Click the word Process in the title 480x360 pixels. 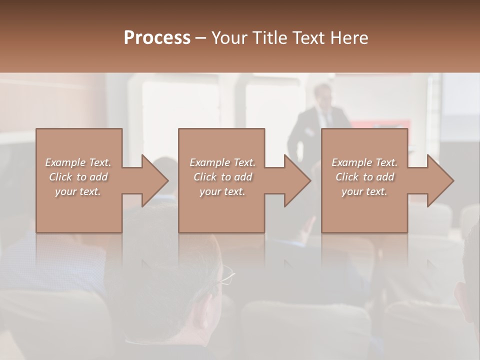click(x=157, y=38)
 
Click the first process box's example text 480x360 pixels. click(x=78, y=177)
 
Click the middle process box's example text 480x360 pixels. click(x=222, y=177)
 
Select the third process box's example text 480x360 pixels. click(x=364, y=177)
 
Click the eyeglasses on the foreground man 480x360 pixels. click(x=226, y=276)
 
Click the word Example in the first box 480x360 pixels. click(x=65, y=162)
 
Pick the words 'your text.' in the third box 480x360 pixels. click(x=364, y=191)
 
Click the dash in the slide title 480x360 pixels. click(x=200, y=38)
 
